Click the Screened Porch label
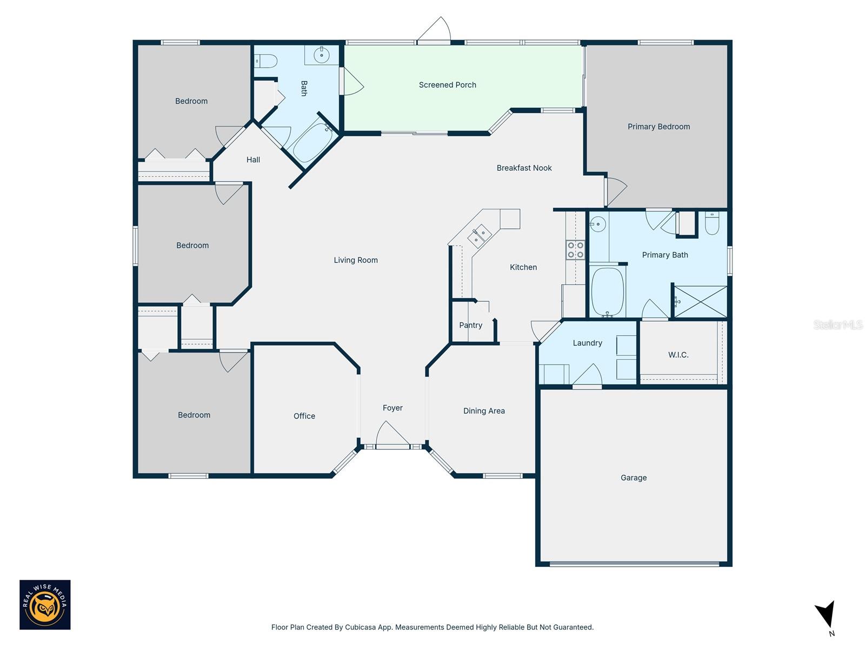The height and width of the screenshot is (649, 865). click(447, 85)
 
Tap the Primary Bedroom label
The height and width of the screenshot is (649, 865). click(658, 127)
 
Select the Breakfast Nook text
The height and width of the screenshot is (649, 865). click(524, 168)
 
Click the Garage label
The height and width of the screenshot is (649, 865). click(633, 478)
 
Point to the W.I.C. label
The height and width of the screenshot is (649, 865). click(678, 355)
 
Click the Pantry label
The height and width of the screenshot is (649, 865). click(470, 325)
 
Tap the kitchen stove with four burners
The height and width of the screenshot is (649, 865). click(575, 250)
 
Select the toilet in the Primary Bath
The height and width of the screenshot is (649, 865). click(712, 223)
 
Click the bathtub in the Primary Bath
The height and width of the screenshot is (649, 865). click(608, 292)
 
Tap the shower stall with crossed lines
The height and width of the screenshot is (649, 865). click(700, 302)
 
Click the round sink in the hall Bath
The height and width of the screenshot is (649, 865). click(322, 55)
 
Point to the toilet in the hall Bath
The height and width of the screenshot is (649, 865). click(266, 61)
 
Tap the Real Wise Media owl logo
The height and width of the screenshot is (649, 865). click(45, 605)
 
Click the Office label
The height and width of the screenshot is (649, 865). click(304, 416)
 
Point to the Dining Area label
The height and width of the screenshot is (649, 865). click(484, 411)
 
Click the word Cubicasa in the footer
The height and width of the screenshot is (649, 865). click(361, 627)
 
